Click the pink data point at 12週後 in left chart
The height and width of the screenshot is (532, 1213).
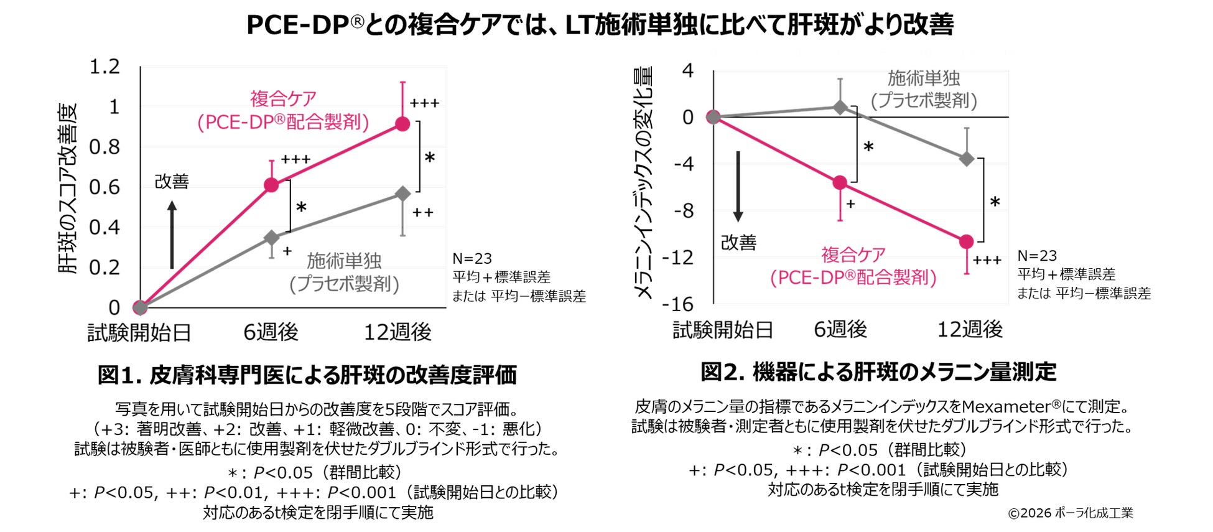pyautogui.click(x=402, y=124)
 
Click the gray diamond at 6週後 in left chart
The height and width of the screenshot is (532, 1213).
pyautogui.click(x=271, y=238)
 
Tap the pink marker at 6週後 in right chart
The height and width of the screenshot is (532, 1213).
pyautogui.click(x=840, y=182)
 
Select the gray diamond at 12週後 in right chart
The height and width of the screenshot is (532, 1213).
pyautogui.click(x=966, y=159)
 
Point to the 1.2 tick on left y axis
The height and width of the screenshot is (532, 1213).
pyautogui.click(x=105, y=67)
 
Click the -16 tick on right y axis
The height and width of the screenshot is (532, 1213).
pyautogui.click(x=677, y=304)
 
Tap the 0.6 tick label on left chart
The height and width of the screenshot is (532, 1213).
pyautogui.click(x=105, y=187)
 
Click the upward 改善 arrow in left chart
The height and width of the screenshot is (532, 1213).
pyautogui.click(x=172, y=234)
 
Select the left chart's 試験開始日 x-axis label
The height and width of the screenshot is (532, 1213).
pyautogui.click(x=139, y=332)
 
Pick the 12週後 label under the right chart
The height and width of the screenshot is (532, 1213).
pyautogui.click(x=970, y=329)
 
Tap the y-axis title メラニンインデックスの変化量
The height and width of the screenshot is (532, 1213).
pyautogui.click(x=644, y=184)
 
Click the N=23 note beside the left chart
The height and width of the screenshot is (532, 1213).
pyautogui.click(x=472, y=258)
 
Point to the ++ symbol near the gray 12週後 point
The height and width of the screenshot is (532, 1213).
pyautogui.click(x=422, y=213)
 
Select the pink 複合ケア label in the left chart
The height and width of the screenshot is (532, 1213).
pyautogui.click(x=283, y=98)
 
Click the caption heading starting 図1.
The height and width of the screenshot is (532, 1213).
pyautogui.click(x=307, y=375)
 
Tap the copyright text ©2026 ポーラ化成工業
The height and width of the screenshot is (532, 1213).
pyautogui.click(x=1071, y=513)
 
